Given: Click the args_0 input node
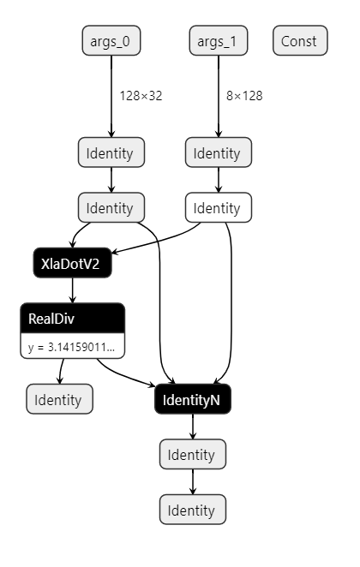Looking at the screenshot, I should click(111, 40).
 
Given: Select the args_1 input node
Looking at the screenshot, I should click(218, 40).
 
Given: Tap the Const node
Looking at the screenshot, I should click(299, 40).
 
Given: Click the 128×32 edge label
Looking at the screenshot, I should click(141, 95).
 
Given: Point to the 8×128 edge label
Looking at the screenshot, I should click(244, 95).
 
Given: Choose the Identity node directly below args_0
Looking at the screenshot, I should click(111, 153).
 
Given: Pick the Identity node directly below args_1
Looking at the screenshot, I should click(218, 153).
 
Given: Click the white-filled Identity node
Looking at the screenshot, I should click(218, 207).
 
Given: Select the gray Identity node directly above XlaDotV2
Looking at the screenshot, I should click(111, 207).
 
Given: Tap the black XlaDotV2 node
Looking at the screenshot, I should click(72, 264).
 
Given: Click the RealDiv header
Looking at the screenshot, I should click(72, 319).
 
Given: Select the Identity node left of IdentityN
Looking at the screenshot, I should click(59, 399).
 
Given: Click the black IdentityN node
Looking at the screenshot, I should click(193, 399).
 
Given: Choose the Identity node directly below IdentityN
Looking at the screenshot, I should click(193, 455).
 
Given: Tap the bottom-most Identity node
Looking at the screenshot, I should click(193, 510).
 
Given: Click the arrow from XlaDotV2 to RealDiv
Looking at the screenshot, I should click(72, 290).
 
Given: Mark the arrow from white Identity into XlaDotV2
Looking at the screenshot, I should click(159, 238).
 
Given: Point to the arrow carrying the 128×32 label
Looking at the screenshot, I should click(111, 95).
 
